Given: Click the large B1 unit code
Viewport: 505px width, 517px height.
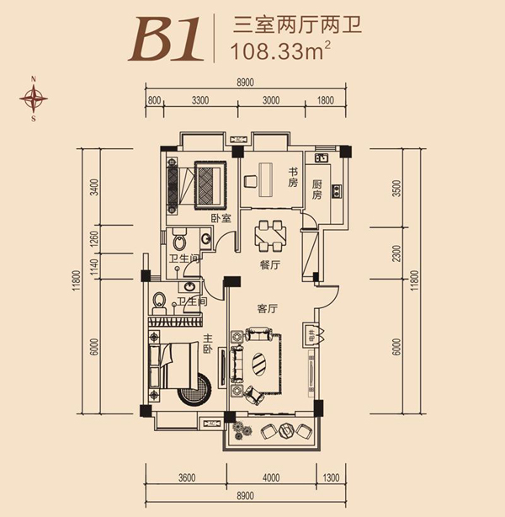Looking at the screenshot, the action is (x=166, y=39).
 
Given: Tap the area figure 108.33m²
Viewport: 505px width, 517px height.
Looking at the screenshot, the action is (x=281, y=51).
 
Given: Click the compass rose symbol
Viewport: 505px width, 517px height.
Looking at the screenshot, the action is (x=34, y=99).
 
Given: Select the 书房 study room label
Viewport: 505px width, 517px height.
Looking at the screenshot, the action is (x=293, y=178).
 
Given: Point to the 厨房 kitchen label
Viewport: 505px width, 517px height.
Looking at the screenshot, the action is (x=316, y=189).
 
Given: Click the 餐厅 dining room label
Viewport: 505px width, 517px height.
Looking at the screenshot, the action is (x=270, y=265).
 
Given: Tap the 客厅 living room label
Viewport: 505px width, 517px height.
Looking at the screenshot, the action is (x=268, y=309).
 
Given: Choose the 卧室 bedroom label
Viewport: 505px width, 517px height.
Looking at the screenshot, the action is (x=221, y=218).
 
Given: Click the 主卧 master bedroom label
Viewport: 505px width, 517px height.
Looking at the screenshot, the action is (x=208, y=344).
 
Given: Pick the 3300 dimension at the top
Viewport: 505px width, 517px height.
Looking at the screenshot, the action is (x=200, y=100).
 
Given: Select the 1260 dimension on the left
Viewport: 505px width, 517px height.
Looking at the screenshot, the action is (x=94, y=239).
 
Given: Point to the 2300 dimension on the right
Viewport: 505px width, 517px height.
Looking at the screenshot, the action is (x=397, y=253).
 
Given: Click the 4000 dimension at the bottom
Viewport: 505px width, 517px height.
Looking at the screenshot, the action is (x=271, y=477).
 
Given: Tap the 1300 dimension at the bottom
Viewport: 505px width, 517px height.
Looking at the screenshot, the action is (x=331, y=477).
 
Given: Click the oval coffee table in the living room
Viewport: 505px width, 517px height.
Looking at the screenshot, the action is (x=260, y=364).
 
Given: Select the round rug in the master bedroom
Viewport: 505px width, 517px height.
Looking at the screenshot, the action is (x=194, y=389).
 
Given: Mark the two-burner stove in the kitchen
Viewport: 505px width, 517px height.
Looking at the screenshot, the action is (x=337, y=191).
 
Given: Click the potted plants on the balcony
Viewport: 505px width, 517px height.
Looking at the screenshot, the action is (x=242, y=430).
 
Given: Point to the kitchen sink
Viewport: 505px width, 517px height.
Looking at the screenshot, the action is (x=322, y=158).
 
